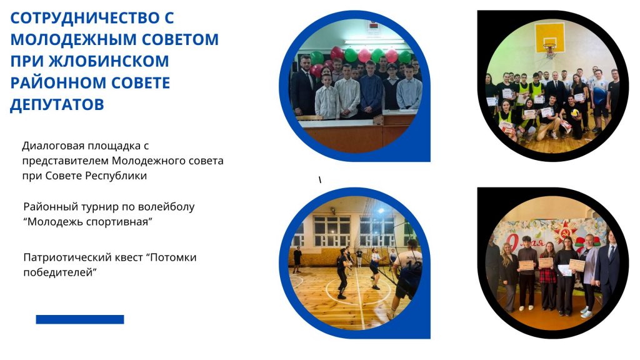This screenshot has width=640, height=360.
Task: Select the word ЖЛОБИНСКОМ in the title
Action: pos(109,61)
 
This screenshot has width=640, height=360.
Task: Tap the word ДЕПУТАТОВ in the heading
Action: pos(57,105)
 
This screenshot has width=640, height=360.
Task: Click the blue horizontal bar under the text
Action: pos(80,319)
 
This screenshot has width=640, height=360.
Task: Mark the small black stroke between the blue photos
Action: pos(320,179)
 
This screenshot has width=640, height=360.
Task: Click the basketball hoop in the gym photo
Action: pos(550,49)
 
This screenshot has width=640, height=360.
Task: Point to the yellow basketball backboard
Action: pos(550,37)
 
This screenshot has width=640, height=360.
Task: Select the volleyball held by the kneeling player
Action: pos(574,112)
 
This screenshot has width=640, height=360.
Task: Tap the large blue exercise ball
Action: pos(601,96)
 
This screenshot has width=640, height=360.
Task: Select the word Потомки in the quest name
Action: pos(171,258)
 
